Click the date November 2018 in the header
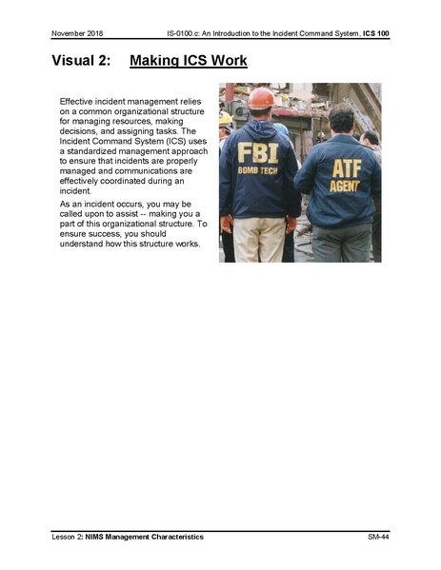click(x=77, y=34)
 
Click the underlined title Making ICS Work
click(x=188, y=62)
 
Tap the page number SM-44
click(x=378, y=538)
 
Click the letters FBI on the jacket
click(x=257, y=152)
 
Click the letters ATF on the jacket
click(x=346, y=168)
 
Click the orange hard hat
click(x=260, y=98)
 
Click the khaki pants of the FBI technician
click(x=259, y=238)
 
